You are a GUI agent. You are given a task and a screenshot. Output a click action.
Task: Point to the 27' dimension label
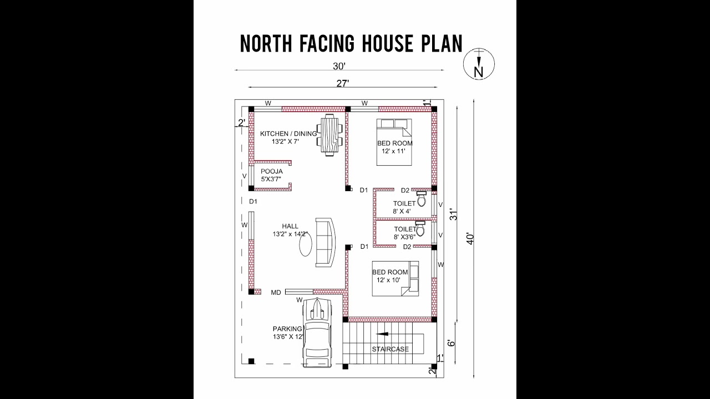(342, 83)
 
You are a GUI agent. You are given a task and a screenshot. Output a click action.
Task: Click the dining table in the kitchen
(329, 135)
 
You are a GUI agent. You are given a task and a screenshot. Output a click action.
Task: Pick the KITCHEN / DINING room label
(288, 134)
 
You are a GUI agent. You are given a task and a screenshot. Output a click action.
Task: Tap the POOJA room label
(272, 171)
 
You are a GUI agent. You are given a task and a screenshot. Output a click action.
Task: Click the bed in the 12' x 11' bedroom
(394, 142)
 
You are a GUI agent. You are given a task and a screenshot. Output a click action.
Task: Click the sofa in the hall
(326, 241)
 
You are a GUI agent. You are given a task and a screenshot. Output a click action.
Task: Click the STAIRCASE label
(390, 349)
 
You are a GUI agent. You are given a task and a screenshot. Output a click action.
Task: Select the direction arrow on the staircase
(383, 334)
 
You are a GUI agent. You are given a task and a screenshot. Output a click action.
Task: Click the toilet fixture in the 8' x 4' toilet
(421, 199)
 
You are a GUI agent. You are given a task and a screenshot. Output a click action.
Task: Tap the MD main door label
(276, 292)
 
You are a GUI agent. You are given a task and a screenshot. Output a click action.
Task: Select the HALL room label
(290, 226)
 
